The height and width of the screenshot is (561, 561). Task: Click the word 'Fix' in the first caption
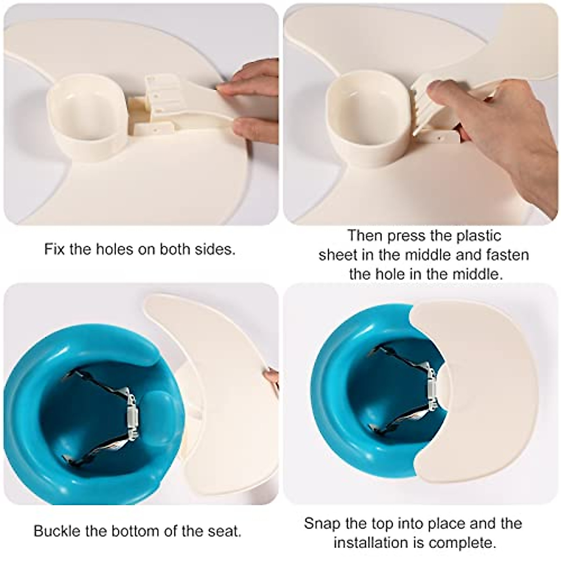point(54,249)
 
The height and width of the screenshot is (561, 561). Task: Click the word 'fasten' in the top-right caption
point(507,255)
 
